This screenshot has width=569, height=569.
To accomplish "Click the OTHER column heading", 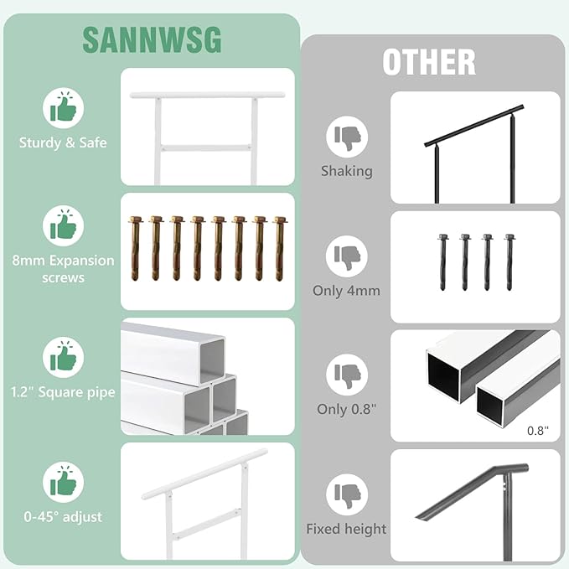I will [429, 63].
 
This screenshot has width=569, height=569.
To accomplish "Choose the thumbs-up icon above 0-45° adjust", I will [64, 483].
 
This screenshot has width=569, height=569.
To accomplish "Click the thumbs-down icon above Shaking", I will [346, 137].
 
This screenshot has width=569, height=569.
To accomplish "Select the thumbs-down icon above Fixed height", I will [346, 495].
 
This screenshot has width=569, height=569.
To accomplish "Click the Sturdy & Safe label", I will [64, 142].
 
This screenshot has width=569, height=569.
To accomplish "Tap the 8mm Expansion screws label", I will [64, 268].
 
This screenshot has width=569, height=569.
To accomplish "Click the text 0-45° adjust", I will [64, 517].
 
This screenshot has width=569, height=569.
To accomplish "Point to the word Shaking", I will [346, 171].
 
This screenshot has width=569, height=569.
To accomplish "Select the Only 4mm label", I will [346, 292].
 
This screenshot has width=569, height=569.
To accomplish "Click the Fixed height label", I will [346, 529].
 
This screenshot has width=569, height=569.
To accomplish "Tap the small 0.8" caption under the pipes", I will [537, 431].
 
